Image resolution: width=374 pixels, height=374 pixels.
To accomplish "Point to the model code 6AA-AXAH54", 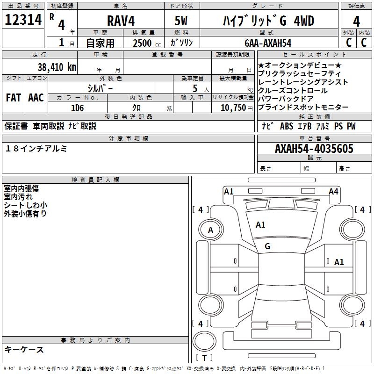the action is tap(268, 43).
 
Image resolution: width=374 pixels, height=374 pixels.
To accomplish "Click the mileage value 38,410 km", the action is tap(57, 67).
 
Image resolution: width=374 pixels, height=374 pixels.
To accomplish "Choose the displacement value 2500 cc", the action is tap(142, 43).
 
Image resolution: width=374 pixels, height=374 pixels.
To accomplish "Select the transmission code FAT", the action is tap(13, 98).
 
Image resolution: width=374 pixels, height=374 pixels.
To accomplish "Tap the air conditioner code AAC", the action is tap(36, 98).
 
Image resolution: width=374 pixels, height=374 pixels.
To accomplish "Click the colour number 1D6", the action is tap(77, 108).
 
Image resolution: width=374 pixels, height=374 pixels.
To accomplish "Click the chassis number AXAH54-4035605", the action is tap(314, 149).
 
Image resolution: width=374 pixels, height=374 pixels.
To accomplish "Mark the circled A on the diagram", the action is tap(210, 230).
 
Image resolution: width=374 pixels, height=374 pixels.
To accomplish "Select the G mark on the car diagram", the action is tap(267, 246).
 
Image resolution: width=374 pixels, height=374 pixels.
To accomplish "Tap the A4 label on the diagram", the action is tap(333, 192).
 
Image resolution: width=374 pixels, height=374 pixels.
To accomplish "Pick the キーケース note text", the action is tap(24, 349).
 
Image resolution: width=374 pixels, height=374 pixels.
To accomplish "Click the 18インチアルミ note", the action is tap(36, 148).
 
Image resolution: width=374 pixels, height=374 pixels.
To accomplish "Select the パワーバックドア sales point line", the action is tap(286, 99).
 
